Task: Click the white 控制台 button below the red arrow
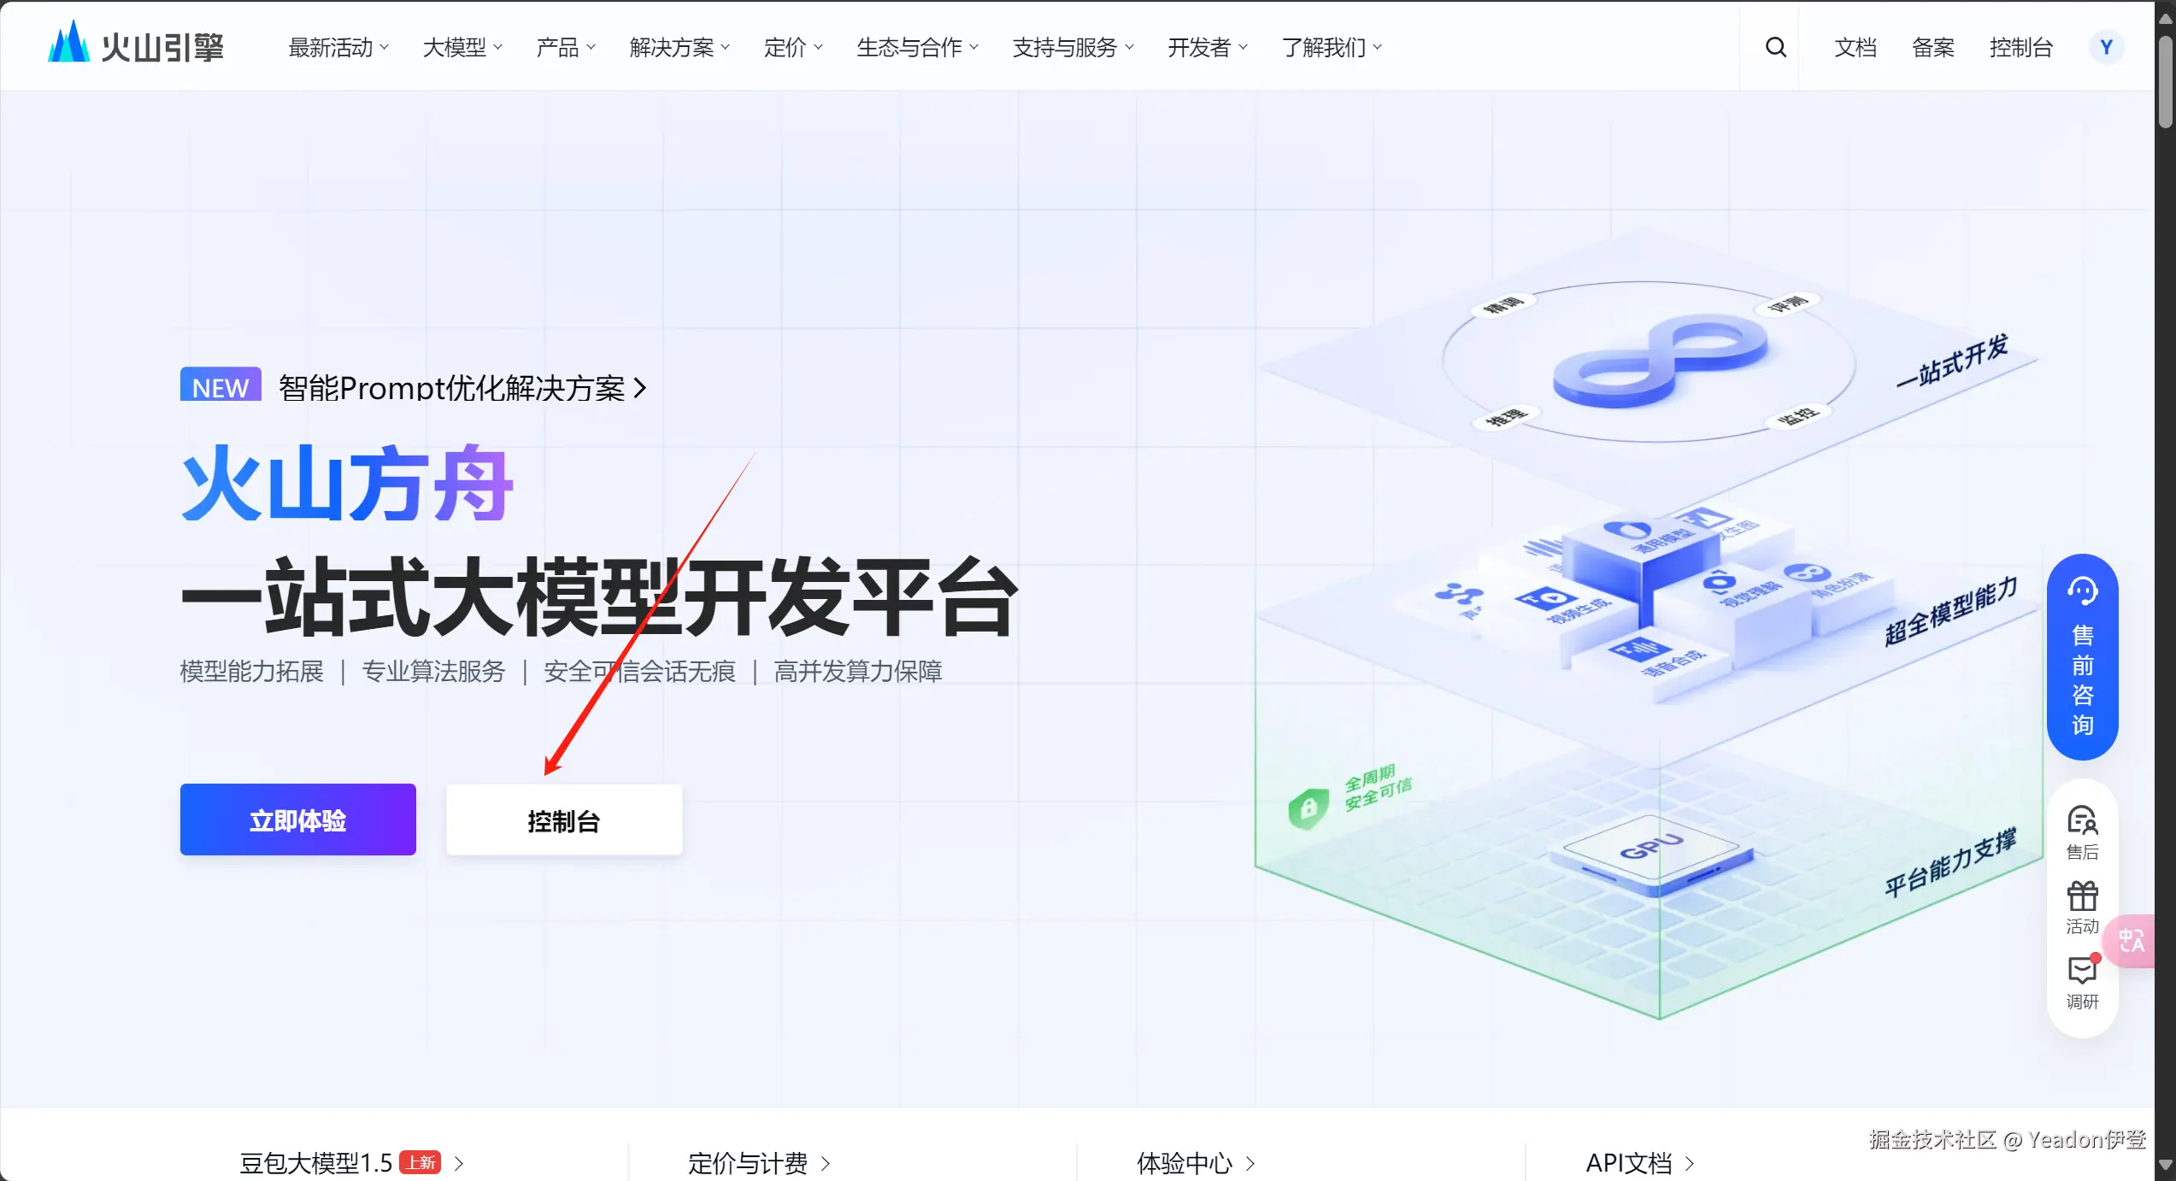point(563,820)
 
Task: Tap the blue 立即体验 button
point(297,820)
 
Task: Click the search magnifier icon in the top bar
point(1775,47)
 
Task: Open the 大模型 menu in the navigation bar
point(462,47)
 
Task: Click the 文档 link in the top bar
point(1855,47)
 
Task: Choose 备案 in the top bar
point(1932,47)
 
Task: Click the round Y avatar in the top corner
point(2106,47)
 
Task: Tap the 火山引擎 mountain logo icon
point(68,43)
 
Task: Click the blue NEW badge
point(221,386)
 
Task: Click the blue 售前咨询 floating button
point(2082,656)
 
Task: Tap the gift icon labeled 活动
point(2082,906)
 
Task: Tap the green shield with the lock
point(1308,807)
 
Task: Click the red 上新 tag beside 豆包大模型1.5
point(420,1162)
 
